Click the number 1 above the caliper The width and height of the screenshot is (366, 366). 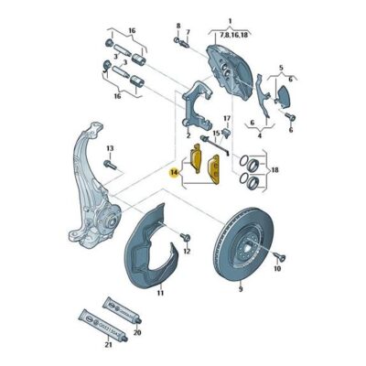coord(231,20)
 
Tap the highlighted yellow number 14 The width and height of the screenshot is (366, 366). coord(174,171)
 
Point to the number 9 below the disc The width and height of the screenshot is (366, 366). coord(240,288)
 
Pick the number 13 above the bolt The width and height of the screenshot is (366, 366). coord(109,148)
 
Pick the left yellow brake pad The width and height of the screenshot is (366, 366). coord(196,165)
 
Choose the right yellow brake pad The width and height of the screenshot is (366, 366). coord(216,170)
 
